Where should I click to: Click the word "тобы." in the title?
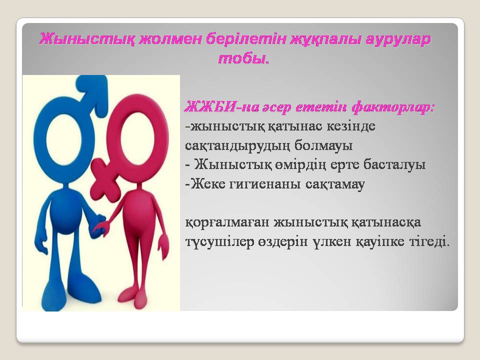tap(243, 58)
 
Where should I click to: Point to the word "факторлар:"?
tap(393, 108)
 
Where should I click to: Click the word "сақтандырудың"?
tap(237, 146)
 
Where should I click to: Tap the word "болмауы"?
tap(323, 145)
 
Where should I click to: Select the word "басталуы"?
tap(394, 164)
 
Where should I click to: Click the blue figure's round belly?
tap(67, 211)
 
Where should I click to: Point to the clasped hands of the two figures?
tap(99, 226)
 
